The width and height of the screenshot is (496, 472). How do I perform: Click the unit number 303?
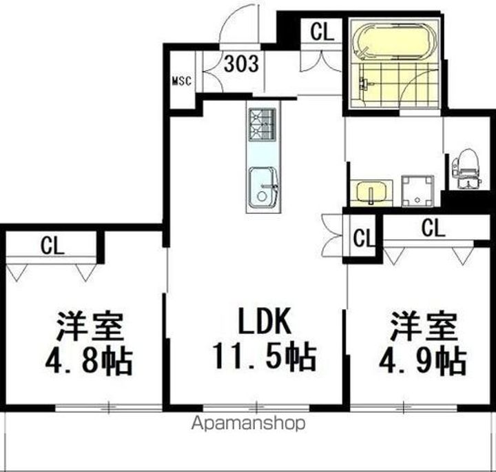click(242, 64)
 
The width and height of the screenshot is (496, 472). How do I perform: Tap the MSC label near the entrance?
click(180, 81)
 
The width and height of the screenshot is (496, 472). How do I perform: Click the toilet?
click(466, 166)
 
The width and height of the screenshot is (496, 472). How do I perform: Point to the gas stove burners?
click(262, 124)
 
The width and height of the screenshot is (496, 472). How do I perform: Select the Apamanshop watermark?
click(249, 423)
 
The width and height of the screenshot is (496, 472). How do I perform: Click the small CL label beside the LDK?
click(363, 239)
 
